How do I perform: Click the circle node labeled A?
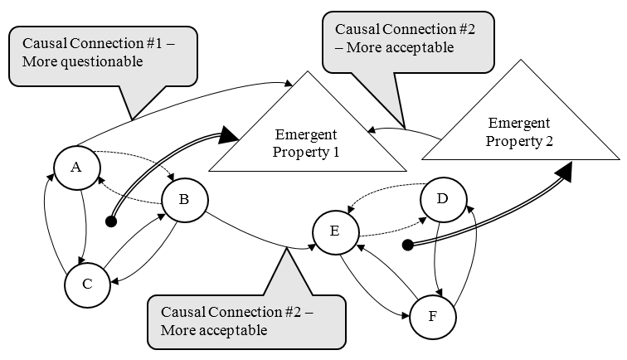pyautogui.click(x=75, y=167)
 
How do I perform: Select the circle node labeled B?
pyautogui.click(x=184, y=199)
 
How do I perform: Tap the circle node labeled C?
pyautogui.click(x=87, y=284)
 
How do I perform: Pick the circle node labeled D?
pyautogui.click(x=442, y=200)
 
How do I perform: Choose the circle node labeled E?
pyautogui.click(x=333, y=231)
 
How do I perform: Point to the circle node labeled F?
pyautogui.click(x=432, y=316)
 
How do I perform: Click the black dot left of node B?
pyautogui.click(x=109, y=221)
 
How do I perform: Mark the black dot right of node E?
pyautogui.click(x=407, y=245)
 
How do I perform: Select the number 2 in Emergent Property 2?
pyautogui.click(x=549, y=140)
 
